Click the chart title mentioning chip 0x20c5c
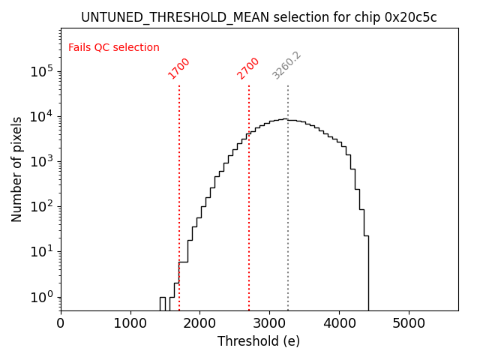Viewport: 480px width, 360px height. tap(259, 17)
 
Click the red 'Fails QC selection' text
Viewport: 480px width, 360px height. tap(114, 48)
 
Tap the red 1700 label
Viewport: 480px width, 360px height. tap(179, 68)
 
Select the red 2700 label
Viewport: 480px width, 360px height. tap(248, 68)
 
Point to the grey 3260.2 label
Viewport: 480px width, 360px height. tap(286, 66)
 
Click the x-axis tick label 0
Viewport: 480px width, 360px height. tap(61, 324)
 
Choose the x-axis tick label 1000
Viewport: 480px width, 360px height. tap(130, 324)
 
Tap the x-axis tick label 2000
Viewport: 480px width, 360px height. tap(200, 324)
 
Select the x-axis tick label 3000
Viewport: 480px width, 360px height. tap(270, 324)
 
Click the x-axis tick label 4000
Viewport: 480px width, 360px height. tap(339, 324)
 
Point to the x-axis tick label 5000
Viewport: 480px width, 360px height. tap(409, 324)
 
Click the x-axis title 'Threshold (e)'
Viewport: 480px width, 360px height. tap(259, 341)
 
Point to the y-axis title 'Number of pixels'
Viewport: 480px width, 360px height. tap(17, 169)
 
